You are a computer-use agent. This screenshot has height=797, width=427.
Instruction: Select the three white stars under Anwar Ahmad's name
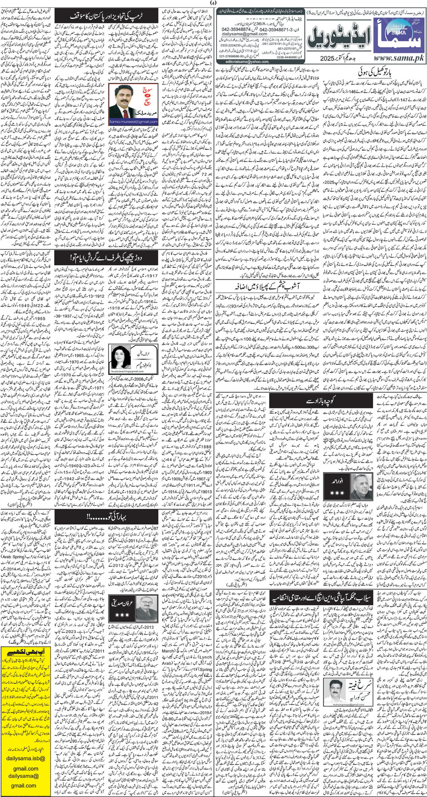click(x=337, y=493)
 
